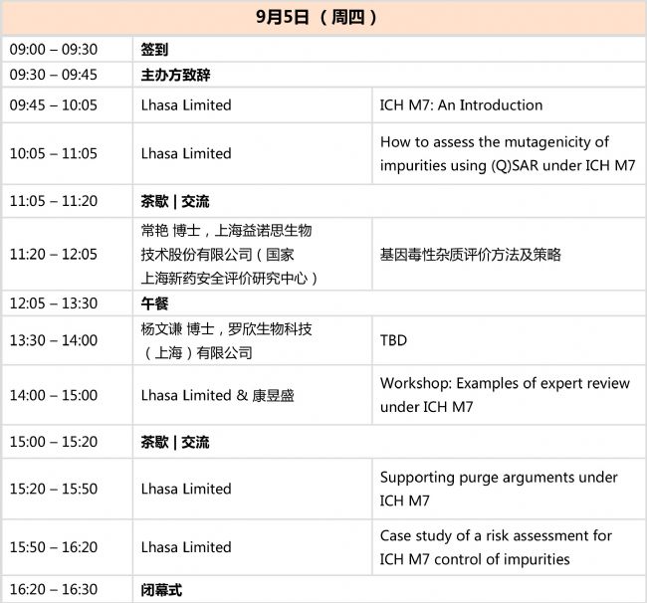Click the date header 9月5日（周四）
tap(317, 17)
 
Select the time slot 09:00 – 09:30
tap(54, 50)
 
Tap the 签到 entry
tap(154, 50)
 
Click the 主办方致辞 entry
tap(175, 75)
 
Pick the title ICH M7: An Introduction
tap(461, 105)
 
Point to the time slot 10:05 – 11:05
tap(54, 153)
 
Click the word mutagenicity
tap(547, 142)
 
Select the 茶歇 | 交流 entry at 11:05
tap(175, 201)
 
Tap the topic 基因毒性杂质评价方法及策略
tap(471, 255)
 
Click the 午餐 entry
tap(154, 303)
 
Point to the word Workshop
tap(415, 383)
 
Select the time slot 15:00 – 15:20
tap(54, 442)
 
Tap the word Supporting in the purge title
tap(417, 478)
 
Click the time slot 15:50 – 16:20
tap(54, 547)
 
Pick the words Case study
tap(416, 536)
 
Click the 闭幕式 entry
tap(161, 590)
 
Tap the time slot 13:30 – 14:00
tap(54, 340)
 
